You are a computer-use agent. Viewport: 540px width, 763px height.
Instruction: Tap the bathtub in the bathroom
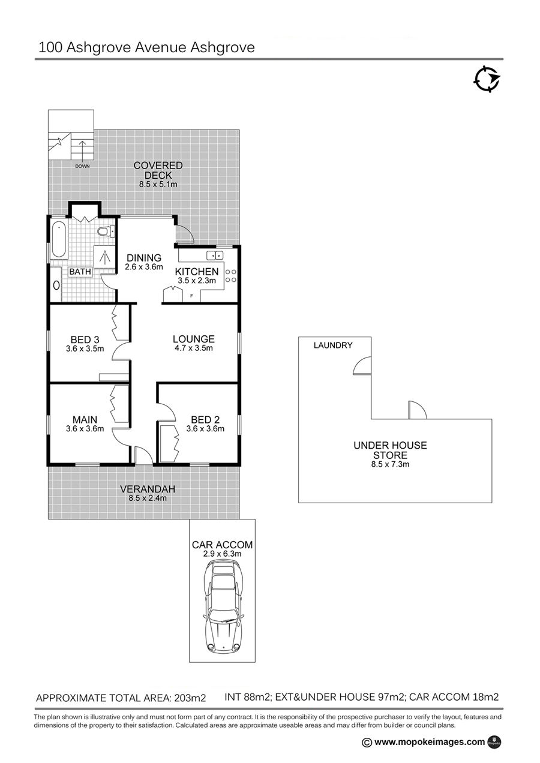pos(59,239)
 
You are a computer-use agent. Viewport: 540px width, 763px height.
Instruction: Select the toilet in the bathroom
pos(106,232)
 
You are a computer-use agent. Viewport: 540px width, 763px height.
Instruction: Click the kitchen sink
pos(215,255)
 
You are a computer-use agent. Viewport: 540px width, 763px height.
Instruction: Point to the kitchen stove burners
pos(231,275)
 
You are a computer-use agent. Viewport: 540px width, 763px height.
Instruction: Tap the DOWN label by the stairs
pos(82,166)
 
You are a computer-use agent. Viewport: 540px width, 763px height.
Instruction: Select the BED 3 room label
pos(85,340)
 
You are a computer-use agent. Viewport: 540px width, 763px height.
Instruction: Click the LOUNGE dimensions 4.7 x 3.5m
pos(194,348)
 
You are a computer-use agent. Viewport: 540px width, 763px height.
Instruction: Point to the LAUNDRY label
pos(333,346)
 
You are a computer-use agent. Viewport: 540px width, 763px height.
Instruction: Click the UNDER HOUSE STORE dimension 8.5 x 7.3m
pos(390,464)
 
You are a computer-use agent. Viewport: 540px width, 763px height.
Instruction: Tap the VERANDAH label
pos(148,489)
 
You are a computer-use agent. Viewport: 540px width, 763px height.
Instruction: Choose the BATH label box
pos(80,272)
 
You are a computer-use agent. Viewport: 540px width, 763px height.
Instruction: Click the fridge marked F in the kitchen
pos(191,296)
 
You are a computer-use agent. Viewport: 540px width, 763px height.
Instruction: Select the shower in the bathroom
pos(104,257)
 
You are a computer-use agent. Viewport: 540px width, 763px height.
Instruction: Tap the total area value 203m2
pos(190,698)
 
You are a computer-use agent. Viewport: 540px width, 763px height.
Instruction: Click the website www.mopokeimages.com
pos(429,742)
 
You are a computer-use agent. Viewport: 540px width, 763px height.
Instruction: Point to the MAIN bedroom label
pos(85,419)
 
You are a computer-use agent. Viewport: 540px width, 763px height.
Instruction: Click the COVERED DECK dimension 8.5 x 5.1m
pos(158,185)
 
